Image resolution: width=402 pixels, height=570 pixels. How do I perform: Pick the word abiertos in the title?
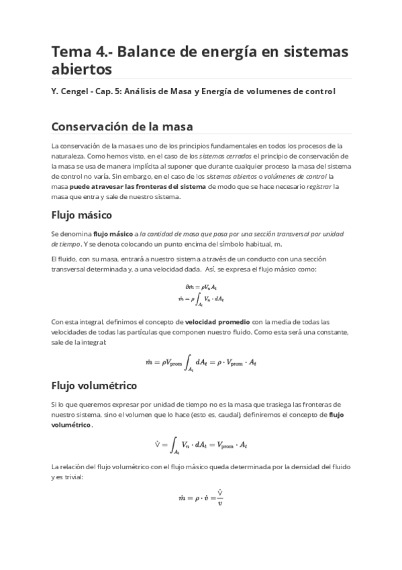click(x=81, y=69)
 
